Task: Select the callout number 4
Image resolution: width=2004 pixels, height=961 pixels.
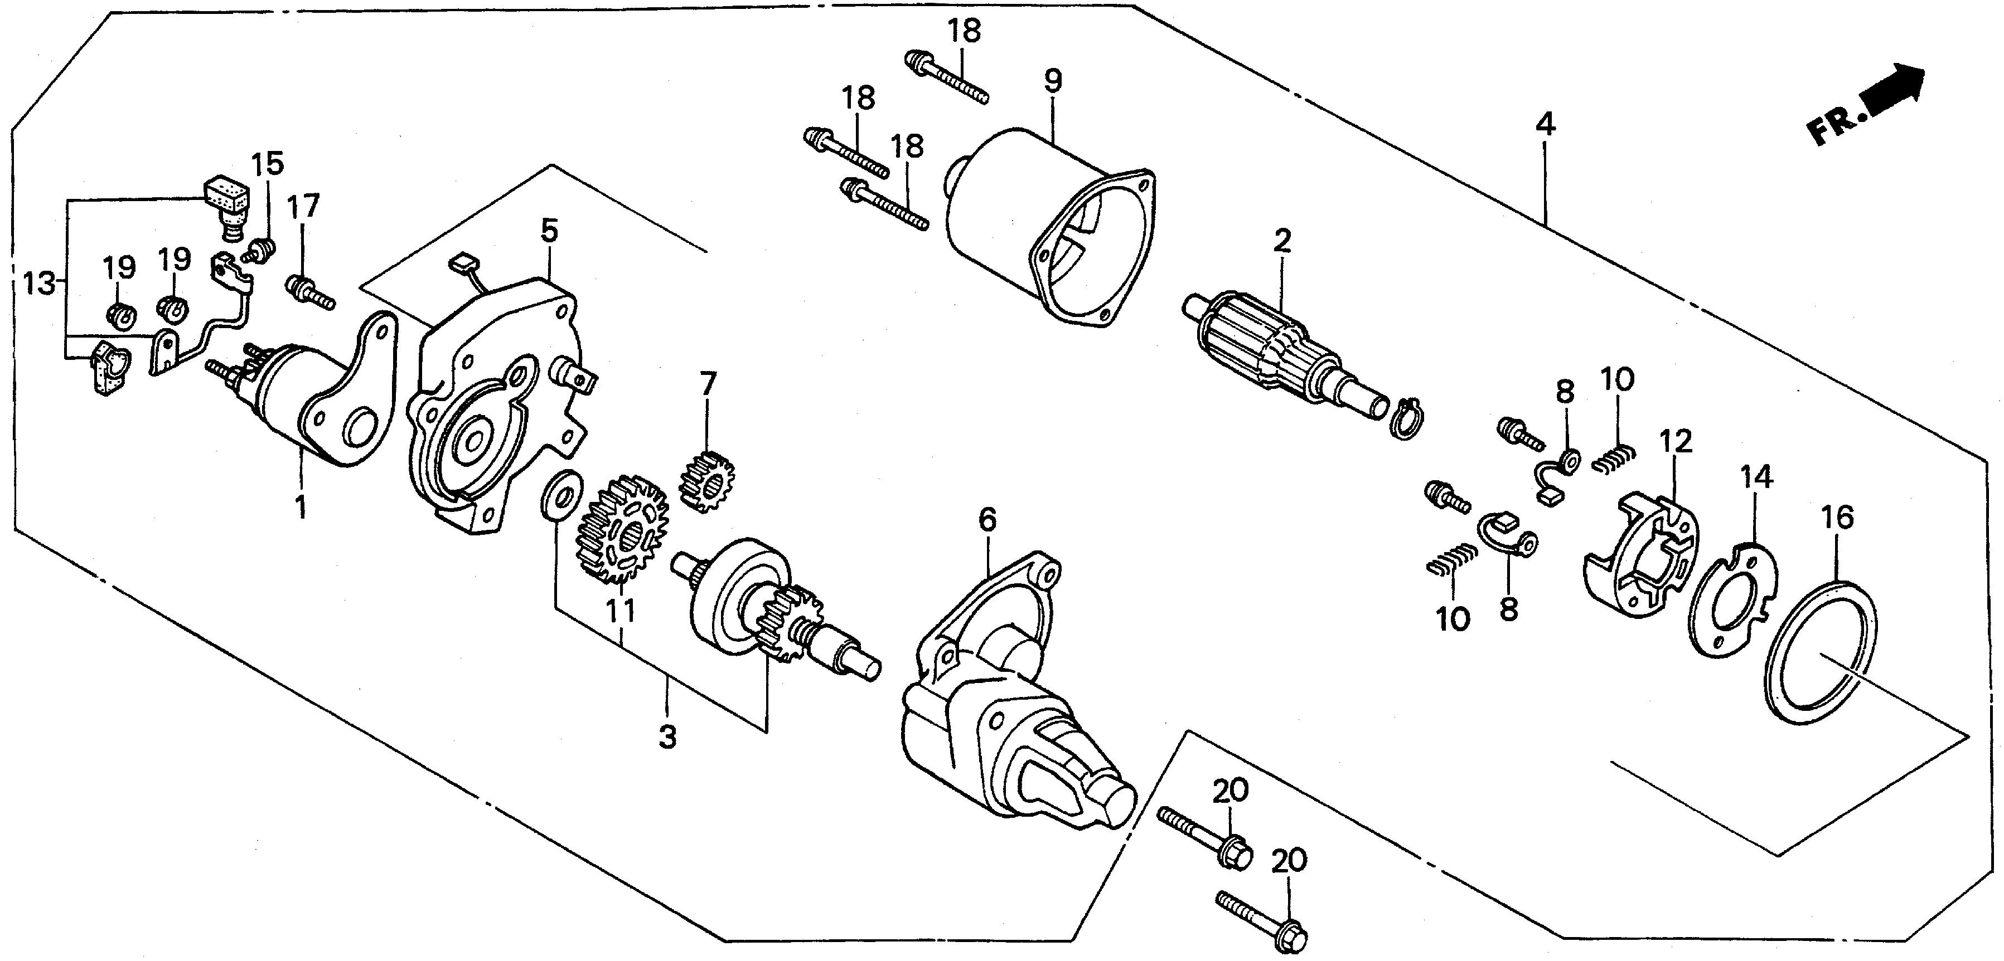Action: pos(1545,124)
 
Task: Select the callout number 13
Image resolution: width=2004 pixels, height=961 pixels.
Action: pos(37,285)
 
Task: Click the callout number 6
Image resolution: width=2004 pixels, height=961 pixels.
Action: pos(986,519)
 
